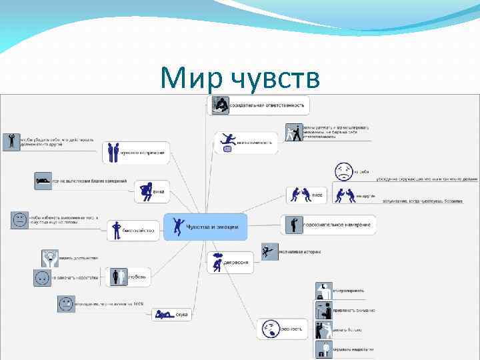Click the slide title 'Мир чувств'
(x=240, y=79)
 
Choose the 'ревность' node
(x=283, y=329)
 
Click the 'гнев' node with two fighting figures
(x=306, y=195)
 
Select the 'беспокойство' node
(x=134, y=231)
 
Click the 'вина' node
(x=151, y=191)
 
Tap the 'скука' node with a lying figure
(x=172, y=314)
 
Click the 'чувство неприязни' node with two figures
(x=136, y=153)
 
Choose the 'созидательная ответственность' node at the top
(x=259, y=105)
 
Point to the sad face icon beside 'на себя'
(x=343, y=171)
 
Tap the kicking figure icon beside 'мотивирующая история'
(x=269, y=252)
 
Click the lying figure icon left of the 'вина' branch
(x=43, y=180)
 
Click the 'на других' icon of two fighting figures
(x=345, y=195)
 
